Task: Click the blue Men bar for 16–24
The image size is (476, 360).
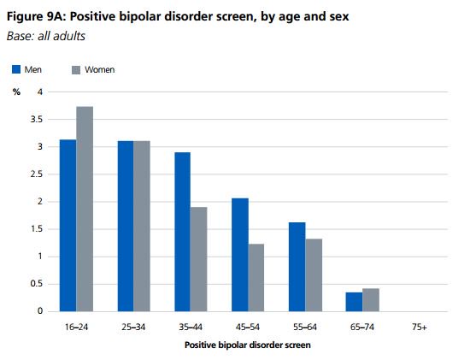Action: point(68,225)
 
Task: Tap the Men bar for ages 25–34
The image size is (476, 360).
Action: point(126,226)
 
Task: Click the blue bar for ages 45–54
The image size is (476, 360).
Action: point(240,254)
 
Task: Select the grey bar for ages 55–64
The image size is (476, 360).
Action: point(314,274)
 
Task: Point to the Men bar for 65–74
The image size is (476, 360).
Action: point(355,301)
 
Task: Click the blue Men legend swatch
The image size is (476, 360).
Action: point(17,69)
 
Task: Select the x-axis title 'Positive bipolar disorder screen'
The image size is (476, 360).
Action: point(248,345)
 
